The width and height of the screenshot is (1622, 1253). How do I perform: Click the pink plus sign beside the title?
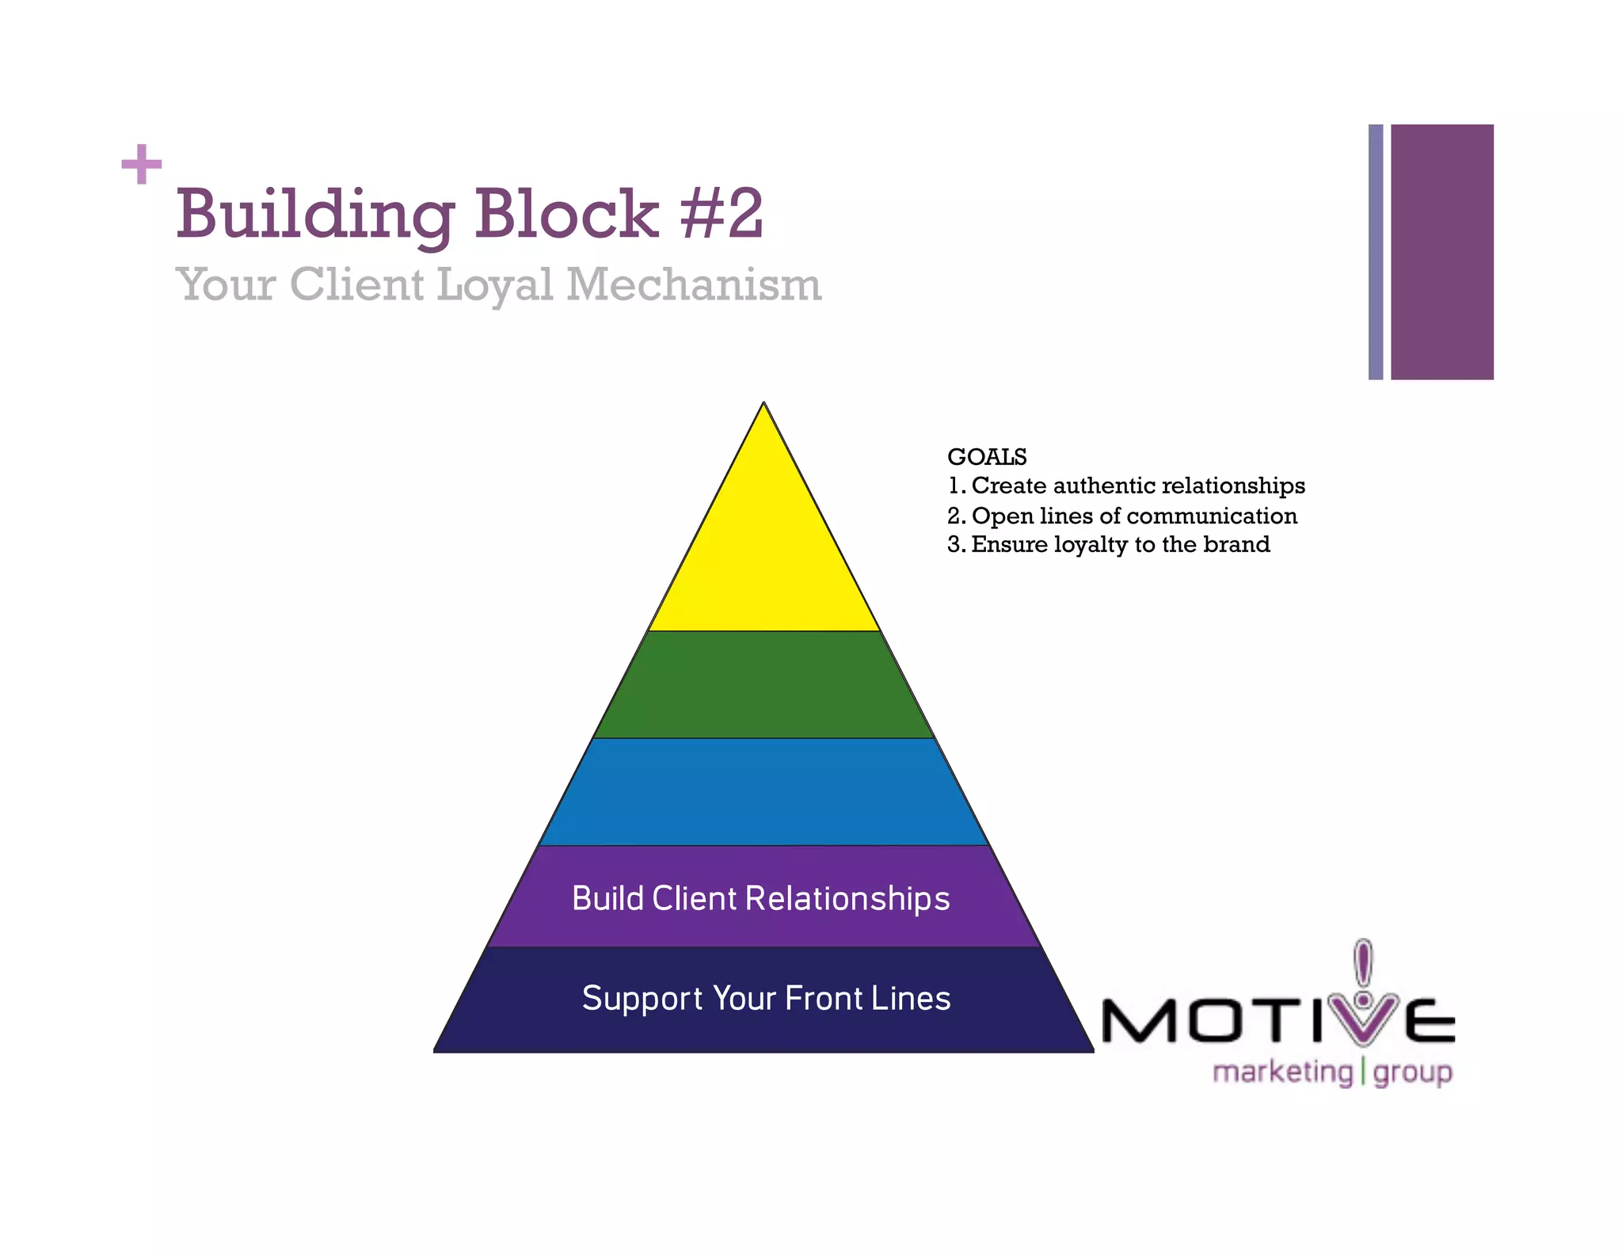click(x=142, y=164)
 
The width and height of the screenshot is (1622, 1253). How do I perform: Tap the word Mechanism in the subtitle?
click(x=694, y=284)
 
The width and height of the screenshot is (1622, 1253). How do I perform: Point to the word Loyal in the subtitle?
click(x=495, y=284)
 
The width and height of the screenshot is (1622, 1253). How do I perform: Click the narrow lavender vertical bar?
click(x=1376, y=252)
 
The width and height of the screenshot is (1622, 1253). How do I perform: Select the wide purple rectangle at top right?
click(x=1441, y=252)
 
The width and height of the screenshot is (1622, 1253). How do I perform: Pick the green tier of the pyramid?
click(x=763, y=684)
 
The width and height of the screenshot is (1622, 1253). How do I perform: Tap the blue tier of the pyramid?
click(x=763, y=792)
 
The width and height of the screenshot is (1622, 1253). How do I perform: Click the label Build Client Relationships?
click(x=760, y=898)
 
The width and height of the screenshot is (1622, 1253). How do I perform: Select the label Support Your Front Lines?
click(x=766, y=998)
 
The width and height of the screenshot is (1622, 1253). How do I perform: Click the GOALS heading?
click(x=987, y=457)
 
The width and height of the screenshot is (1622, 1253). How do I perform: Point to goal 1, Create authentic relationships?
click(x=1126, y=486)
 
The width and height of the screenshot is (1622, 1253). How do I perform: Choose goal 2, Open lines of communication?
click(x=1122, y=516)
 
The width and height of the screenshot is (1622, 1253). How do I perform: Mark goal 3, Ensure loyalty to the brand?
click(x=1109, y=545)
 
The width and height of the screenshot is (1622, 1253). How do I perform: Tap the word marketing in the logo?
click(x=1283, y=1072)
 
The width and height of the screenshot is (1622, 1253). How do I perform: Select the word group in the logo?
click(x=1413, y=1073)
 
